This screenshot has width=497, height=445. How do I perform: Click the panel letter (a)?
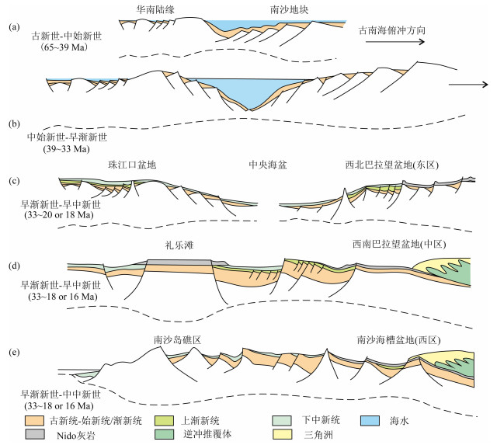pyautogui.click(x=12, y=26)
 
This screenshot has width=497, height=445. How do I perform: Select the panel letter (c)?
pyautogui.click(x=12, y=183)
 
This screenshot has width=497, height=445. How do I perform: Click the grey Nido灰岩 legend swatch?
pyautogui.click(x=33, y=435)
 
